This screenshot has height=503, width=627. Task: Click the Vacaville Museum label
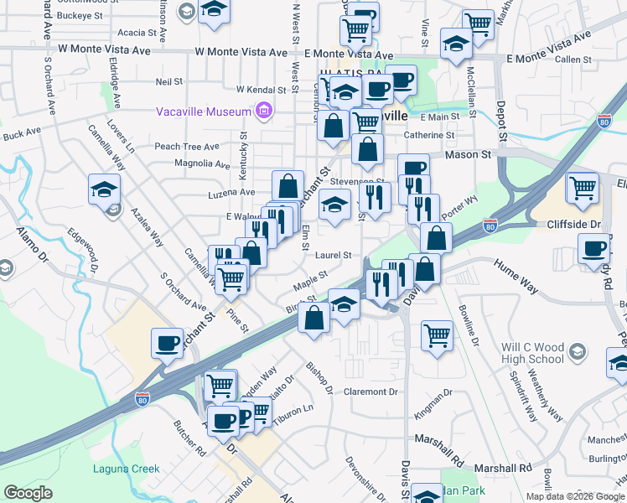click(204, 111)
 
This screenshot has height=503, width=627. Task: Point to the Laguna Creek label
click(127, 468)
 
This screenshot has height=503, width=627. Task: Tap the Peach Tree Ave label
click(186, 146)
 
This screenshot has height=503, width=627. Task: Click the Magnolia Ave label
click(202, 163)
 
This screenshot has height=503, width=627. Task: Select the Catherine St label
click(428, 135)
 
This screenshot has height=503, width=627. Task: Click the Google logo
click(28, 493)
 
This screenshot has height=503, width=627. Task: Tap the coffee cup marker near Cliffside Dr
click(593, 248)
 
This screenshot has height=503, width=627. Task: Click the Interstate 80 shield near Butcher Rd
click(142, 402)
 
